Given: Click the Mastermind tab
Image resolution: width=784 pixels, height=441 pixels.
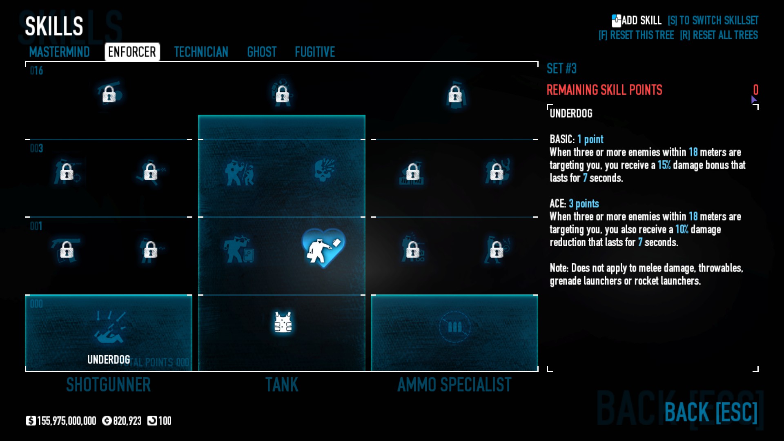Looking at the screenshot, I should tap(60, 52).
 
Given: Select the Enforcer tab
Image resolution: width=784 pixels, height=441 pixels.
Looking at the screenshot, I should tap(132, 52).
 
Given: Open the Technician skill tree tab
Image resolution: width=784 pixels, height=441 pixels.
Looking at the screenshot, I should tap(201, 52).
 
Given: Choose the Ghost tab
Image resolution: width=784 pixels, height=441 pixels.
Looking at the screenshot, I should tap(262, 52).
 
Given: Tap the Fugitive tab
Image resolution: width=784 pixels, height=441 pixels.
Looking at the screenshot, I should tap(315, 52).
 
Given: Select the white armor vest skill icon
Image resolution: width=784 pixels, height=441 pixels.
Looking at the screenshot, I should tap(283, 323).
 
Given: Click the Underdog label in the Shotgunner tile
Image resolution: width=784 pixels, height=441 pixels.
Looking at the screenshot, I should tap(109, 359).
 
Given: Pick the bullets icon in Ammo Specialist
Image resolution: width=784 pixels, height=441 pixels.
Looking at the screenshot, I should tap(454, 327).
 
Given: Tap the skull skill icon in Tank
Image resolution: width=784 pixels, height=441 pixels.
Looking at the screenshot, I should tap(325, 170).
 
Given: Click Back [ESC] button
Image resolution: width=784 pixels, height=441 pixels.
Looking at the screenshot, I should tap(710, 412).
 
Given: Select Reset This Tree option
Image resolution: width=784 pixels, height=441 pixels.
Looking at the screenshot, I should tap(636, 35).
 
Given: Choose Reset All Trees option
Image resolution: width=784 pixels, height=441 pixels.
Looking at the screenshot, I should tap(719, 35).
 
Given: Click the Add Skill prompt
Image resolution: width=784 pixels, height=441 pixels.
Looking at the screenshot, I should tap(637, 20).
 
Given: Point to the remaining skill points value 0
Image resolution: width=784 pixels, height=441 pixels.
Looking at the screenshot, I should tap(755, 90).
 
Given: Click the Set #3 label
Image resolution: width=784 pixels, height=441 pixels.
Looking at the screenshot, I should tap(561, 69).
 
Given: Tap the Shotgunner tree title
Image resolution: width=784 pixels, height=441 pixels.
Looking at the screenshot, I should tap(109, 385).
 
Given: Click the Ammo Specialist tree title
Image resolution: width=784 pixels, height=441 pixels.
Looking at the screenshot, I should tap(454, 385).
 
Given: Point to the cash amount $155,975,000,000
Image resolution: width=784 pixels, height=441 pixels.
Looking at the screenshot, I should tap(62, 421).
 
